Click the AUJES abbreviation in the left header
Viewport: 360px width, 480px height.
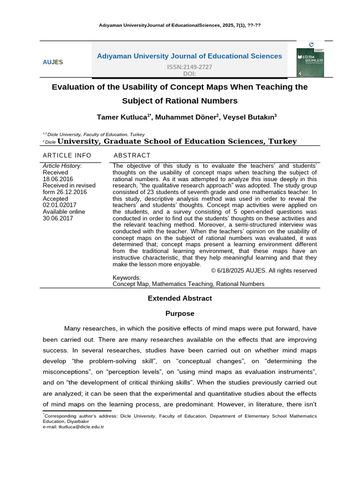point(52,62)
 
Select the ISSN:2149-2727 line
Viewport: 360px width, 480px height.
point(189,67)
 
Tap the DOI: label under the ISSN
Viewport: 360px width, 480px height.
point(189,74)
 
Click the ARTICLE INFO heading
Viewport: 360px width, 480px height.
point(67,155)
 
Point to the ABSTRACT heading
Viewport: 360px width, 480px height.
point(132,155)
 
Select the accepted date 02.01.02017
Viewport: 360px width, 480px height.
point(60,205)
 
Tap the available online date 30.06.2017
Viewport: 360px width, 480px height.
point(58,218)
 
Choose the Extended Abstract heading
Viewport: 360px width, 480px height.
point(180,298)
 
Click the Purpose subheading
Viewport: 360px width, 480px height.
point(180,313)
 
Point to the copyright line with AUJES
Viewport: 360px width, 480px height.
point(264,270)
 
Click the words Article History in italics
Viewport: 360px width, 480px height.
point(61,165)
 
